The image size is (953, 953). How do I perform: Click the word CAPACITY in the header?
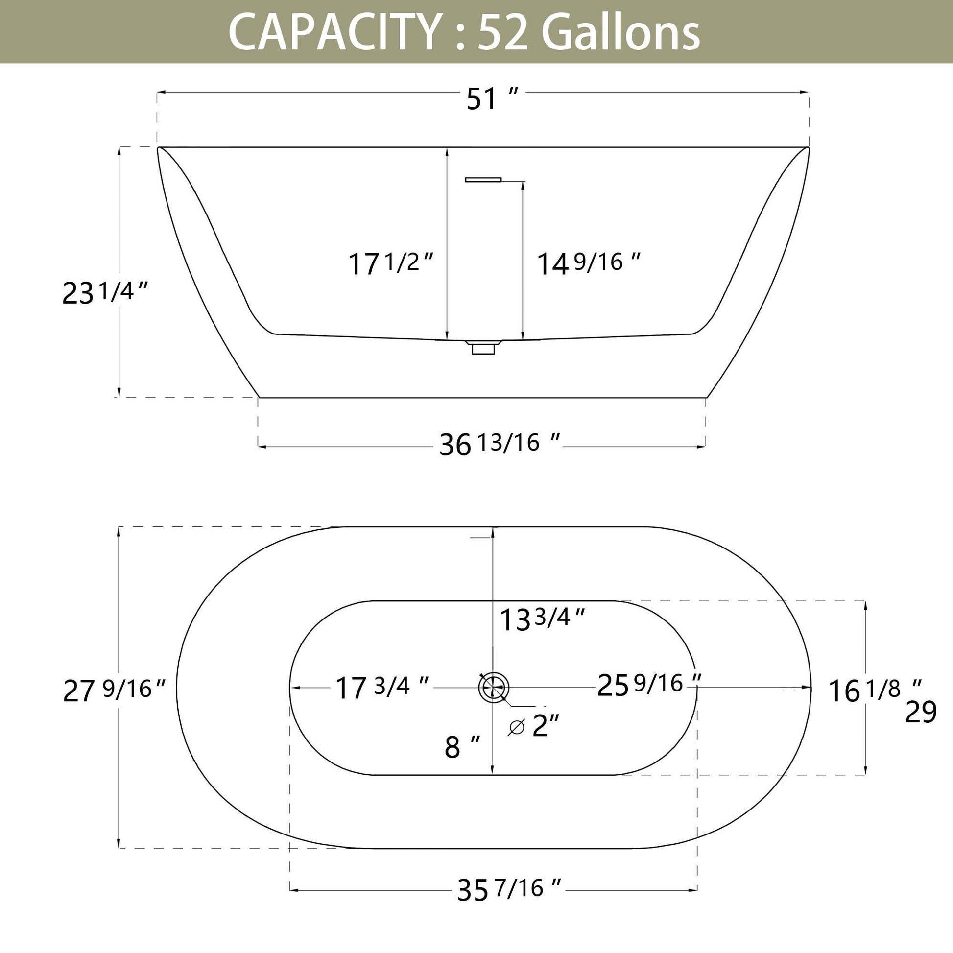coord(334,32)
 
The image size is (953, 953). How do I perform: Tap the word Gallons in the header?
coord(620,32)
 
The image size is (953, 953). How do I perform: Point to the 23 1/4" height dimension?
coord(105,292)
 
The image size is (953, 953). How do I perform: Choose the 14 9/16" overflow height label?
coord(588,263)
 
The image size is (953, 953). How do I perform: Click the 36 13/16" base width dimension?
coord(500,444)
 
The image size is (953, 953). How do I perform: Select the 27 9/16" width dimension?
coord(114,690)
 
